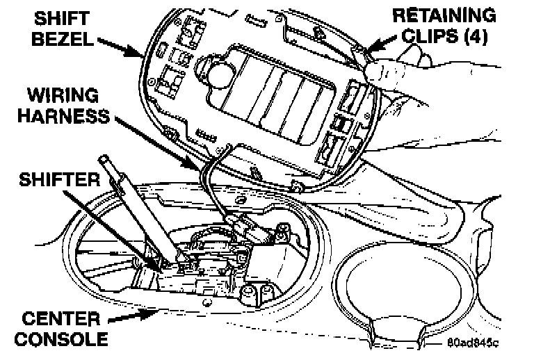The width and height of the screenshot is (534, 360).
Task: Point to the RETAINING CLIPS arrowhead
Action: [366, 50]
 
